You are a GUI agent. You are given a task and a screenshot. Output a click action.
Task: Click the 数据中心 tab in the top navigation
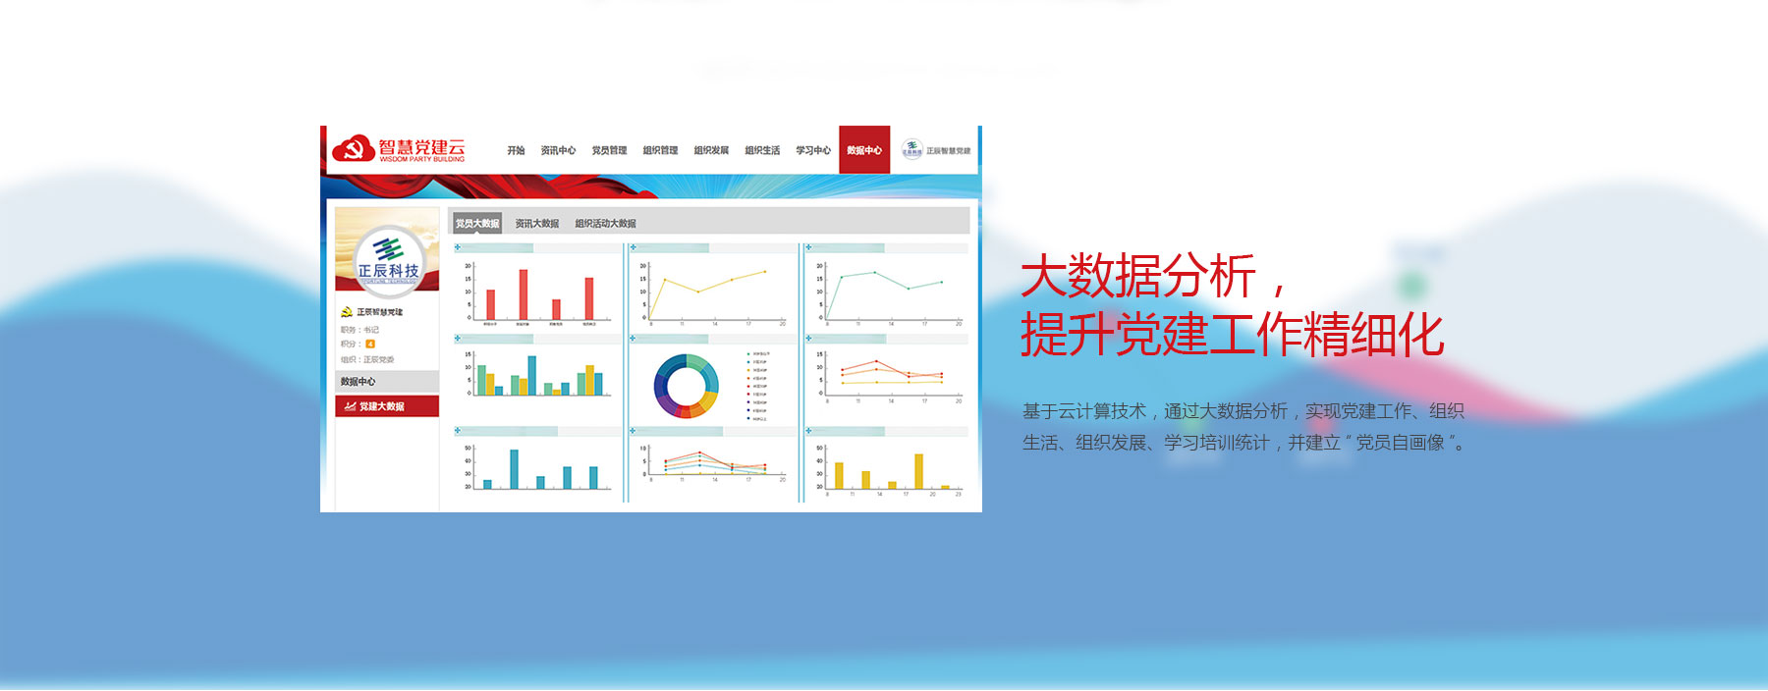(864, 150)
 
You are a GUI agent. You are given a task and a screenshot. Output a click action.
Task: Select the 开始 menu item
(516, 150)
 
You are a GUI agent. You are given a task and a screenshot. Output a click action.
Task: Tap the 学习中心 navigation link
(813, 150)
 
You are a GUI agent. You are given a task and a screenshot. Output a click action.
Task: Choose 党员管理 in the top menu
(609, 150)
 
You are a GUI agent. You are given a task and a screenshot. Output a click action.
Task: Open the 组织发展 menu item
(711, 150)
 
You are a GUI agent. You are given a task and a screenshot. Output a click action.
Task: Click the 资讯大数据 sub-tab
(537, 224)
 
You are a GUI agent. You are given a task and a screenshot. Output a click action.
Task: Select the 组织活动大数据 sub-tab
(605, 224)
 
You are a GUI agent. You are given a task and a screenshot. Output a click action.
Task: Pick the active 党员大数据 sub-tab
(477, 224)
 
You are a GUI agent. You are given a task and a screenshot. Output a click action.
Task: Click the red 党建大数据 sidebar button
(387, 406)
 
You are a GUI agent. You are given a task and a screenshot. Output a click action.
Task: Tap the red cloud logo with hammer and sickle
(353, 149)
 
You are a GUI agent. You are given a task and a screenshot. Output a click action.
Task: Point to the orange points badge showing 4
(370, 345)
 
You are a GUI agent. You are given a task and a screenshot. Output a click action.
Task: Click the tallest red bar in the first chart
(524, 293)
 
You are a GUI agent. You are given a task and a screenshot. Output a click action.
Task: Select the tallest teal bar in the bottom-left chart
(514, 468)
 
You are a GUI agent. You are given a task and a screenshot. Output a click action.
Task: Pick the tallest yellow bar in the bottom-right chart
(919, 470)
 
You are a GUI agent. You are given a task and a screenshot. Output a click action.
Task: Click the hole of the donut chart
(687, 386)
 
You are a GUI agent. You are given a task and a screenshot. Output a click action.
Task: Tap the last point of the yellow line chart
(764, 272)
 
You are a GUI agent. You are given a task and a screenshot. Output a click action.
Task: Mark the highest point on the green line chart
(874, 272)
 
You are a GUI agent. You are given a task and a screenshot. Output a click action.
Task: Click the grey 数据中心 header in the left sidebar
(387, 382)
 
